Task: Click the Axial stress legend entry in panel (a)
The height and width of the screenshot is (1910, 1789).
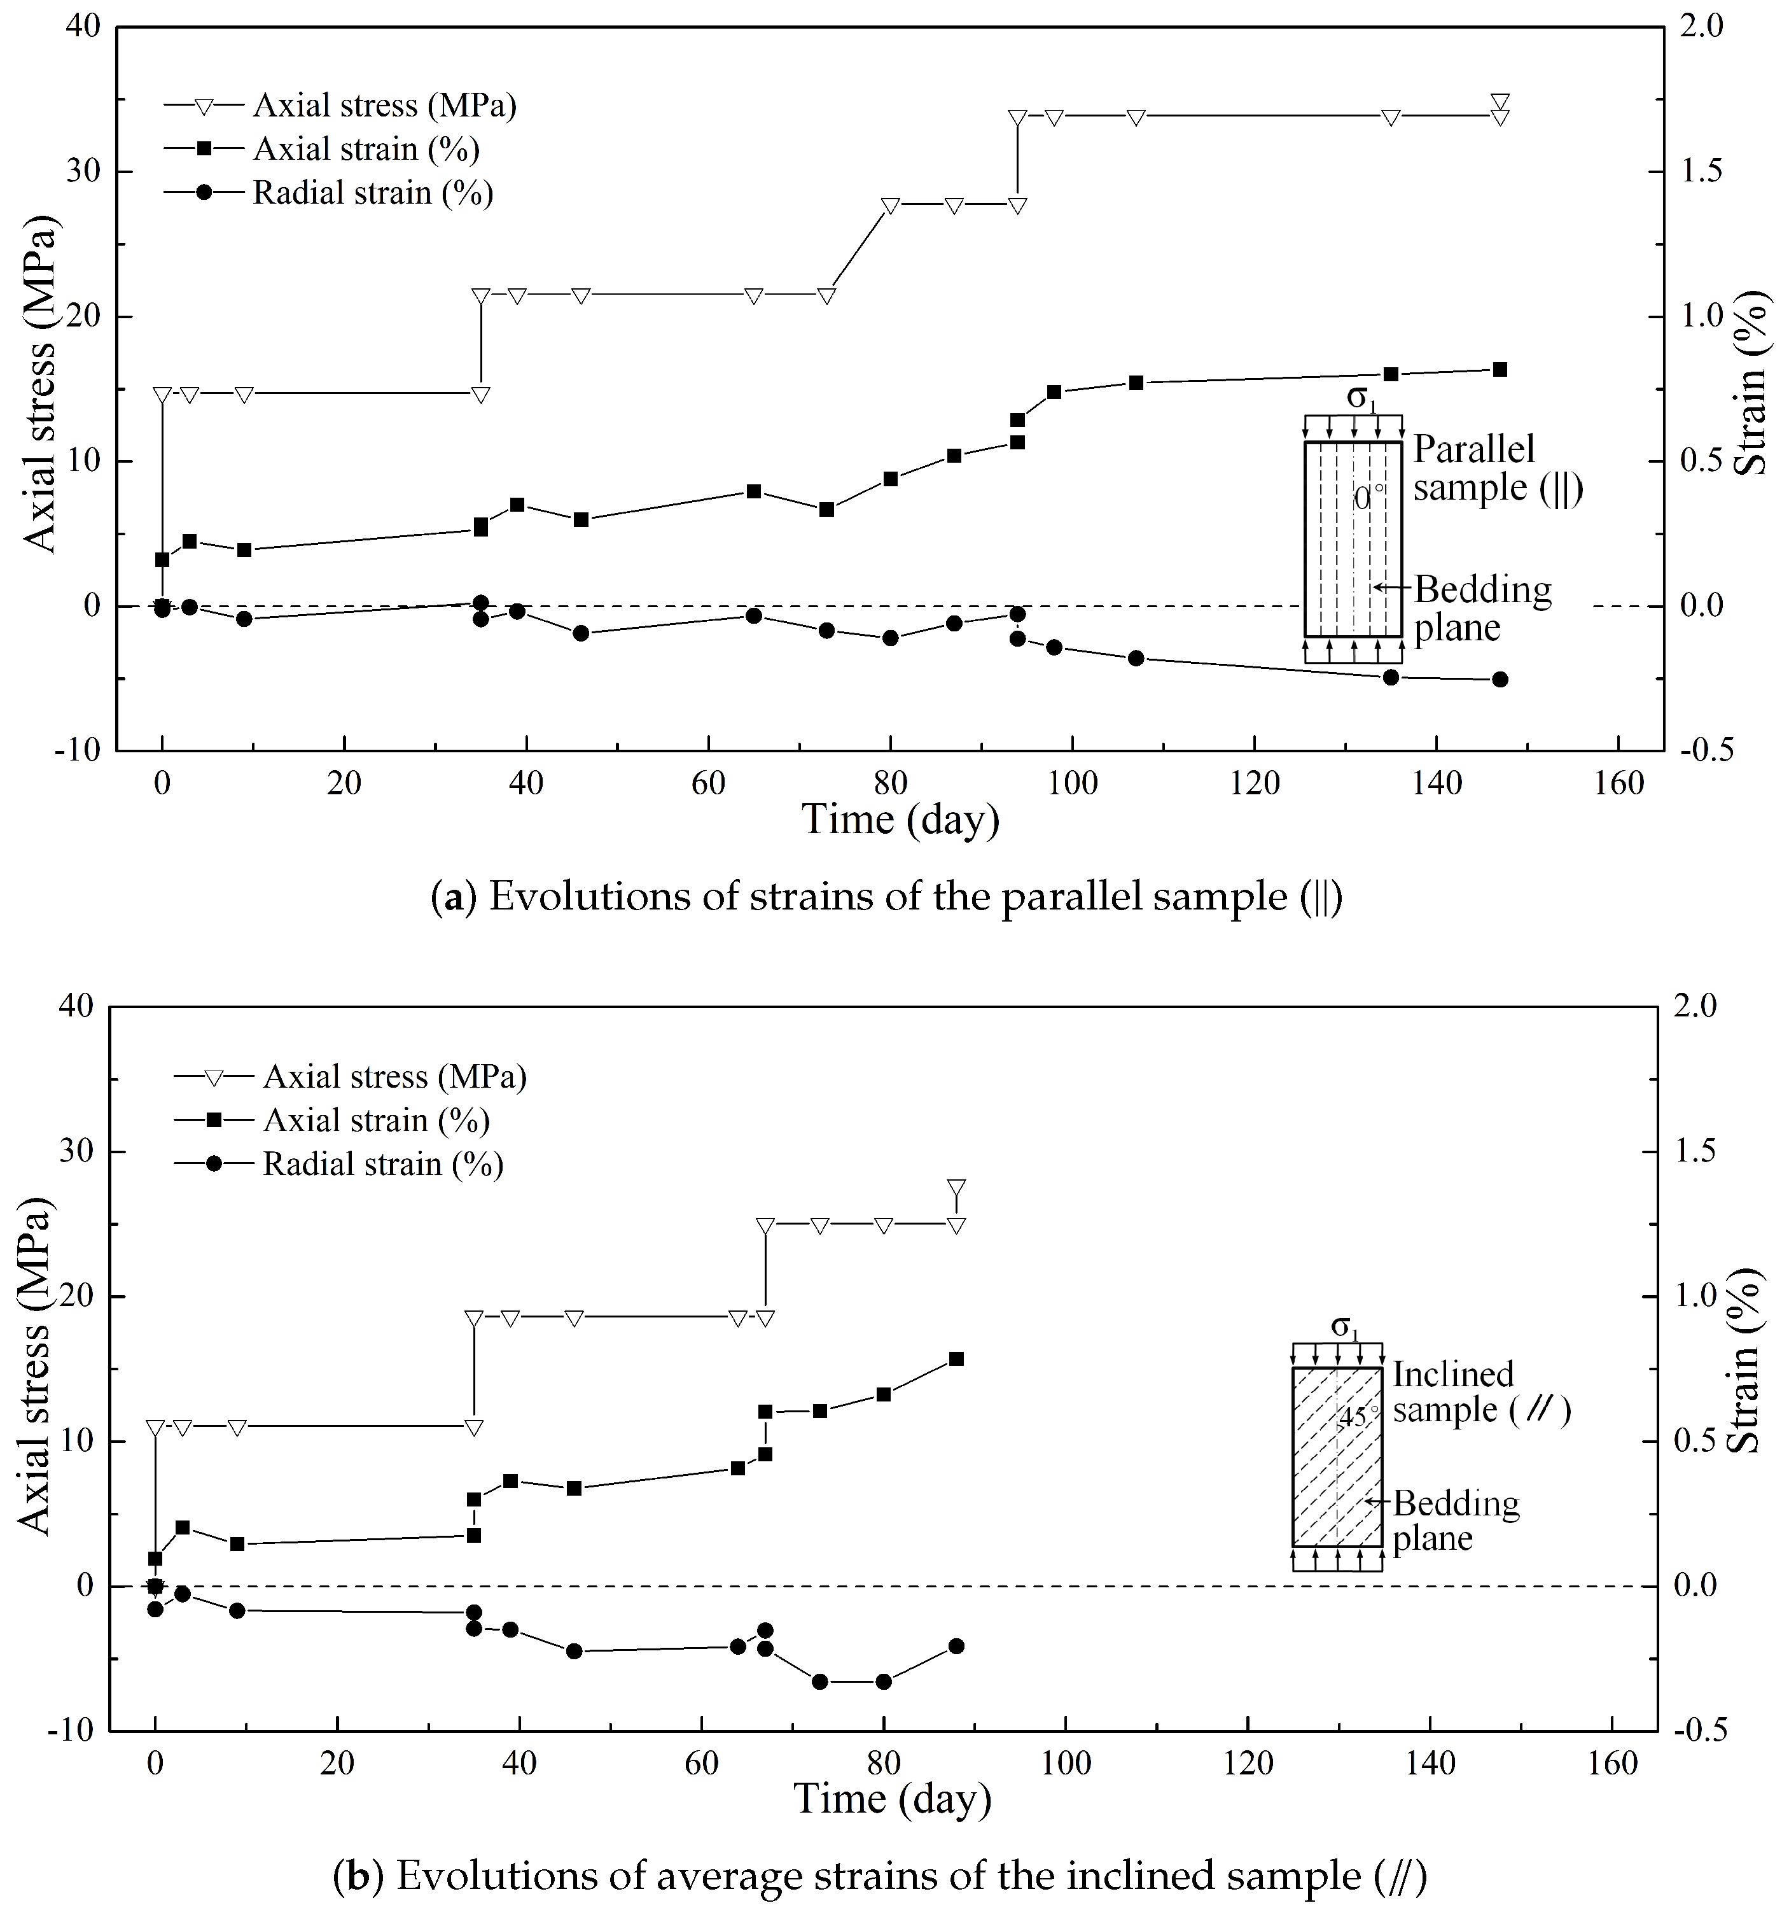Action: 384,105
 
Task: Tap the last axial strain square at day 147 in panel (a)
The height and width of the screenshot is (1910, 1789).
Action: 1499,370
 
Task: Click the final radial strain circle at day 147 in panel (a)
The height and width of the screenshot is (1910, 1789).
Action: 1499,679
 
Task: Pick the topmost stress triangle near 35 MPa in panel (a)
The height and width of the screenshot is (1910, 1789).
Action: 1499,102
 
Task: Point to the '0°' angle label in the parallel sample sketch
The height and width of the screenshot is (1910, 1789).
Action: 1369,498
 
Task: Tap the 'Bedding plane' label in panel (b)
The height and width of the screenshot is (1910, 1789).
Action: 1455,1520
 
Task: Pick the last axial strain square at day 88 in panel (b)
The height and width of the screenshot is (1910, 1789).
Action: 956,1359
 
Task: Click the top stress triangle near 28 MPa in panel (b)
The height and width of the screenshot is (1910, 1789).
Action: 956,1188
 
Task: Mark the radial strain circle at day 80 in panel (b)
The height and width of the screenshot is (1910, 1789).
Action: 884,1682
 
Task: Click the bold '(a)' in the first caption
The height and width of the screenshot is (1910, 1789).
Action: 452,897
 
